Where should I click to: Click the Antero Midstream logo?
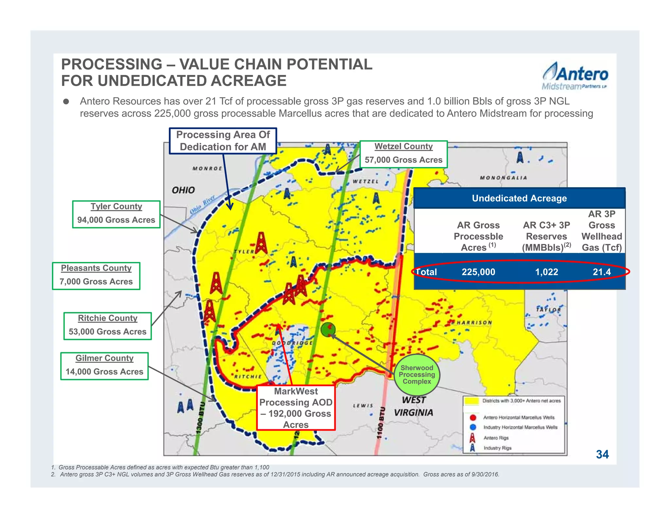[575, 76]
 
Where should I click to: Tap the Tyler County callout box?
[116, 214]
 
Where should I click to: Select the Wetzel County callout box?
[403, 154]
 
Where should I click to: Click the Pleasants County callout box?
[96, 276]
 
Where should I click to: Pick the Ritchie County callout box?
[108, 326]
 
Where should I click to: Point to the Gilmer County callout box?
[104, 366]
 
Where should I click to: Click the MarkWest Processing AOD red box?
[296, 408]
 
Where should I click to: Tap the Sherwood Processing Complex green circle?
[417, 375]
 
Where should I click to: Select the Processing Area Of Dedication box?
[223, 141]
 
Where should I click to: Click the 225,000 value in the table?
[478, 272]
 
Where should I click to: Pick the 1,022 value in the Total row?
[546, 272]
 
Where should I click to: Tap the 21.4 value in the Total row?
[602, 272]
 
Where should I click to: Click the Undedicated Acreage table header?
[519, 198]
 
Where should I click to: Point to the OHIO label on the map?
[183, 190]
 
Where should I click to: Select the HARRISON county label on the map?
[474, 323]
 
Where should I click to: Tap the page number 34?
[602, 454]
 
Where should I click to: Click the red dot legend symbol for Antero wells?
[473, 417]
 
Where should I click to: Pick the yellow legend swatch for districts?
[471, 401]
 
